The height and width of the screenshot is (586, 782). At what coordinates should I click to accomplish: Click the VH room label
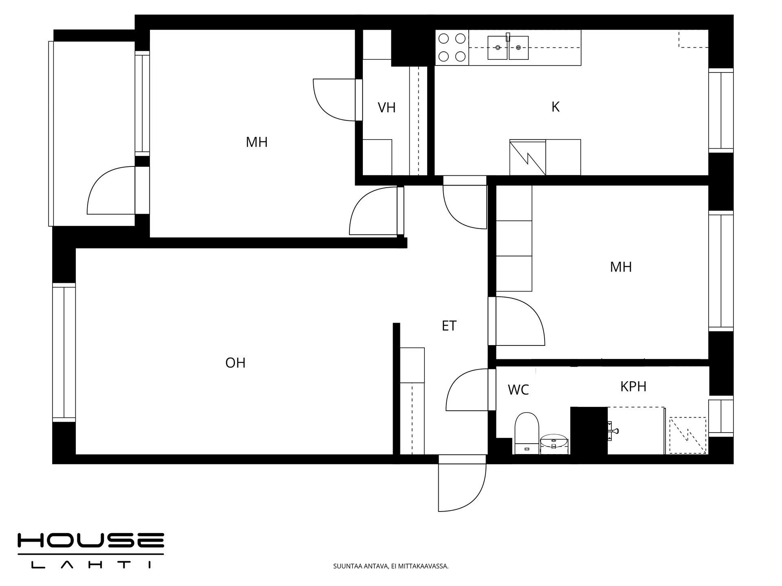(x=387, y=107)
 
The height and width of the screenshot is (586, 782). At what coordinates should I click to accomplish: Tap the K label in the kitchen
(x=555, y=107)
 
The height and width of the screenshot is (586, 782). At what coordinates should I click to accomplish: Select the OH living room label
(x=235, y=363)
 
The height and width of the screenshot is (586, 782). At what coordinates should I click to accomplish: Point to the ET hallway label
(x=449, y=326)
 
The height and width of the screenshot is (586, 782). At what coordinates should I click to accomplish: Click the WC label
(x=518, y=389)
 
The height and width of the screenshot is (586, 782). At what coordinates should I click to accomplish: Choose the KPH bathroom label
(x=633, y=386)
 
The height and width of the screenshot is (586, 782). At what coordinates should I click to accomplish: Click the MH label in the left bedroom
(x=257, y=142)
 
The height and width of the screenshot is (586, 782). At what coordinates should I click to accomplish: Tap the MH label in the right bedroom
(x=621, y=267)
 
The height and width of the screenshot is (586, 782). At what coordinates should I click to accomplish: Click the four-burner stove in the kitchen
(x=452, y=47)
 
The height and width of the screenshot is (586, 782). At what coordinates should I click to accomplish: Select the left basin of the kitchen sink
(x=497, y=48)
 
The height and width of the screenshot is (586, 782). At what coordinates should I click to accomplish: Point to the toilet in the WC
(x=527, y=433)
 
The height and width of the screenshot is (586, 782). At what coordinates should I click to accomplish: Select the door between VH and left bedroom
(x=337, y=100)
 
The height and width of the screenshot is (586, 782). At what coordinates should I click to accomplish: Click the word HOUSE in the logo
(x=90, y=540)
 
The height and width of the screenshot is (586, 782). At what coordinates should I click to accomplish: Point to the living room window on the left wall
(x=64, y=352)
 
